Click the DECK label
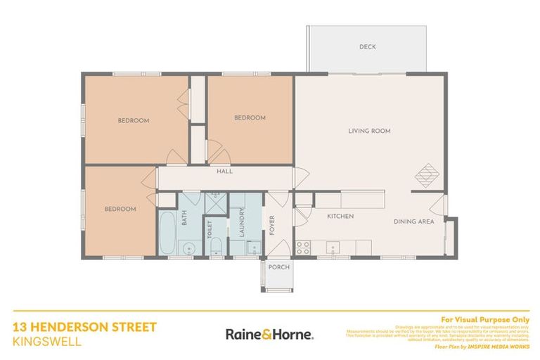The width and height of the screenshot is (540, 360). [368, 47]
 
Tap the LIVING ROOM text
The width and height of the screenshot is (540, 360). [369, 131]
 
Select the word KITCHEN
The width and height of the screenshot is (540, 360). [340, 216]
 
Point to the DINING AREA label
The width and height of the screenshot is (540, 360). [413, 222]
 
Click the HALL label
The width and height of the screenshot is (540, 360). [224, 171]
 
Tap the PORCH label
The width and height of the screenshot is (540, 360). [278, 267]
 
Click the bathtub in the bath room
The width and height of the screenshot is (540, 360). [167, 233]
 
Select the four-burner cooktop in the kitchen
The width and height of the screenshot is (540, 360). [304, 247]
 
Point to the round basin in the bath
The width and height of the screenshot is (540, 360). [188, 247]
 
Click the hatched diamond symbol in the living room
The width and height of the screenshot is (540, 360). [427, 174]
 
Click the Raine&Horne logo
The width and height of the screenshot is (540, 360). [269, 334]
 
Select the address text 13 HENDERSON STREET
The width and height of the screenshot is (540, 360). [84, 327]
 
